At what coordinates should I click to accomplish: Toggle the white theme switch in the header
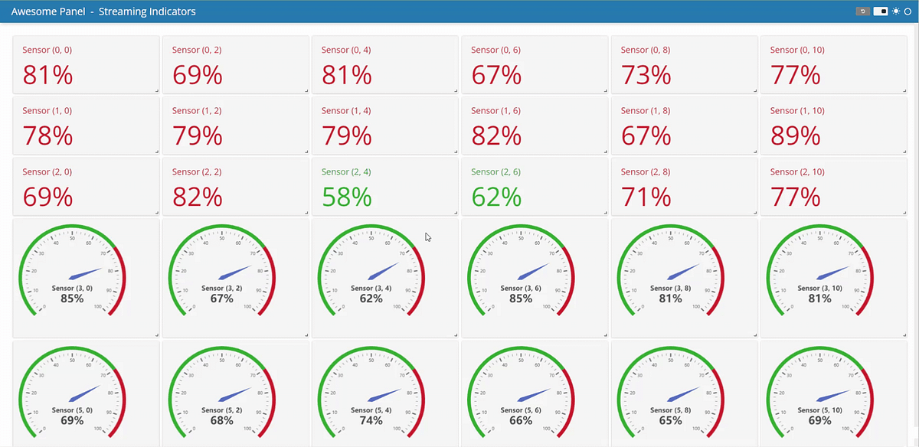click(880, 11)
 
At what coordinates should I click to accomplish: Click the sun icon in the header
click(896, 11)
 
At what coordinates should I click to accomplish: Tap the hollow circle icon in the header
click(908, 11)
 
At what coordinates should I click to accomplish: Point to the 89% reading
click(795, 135)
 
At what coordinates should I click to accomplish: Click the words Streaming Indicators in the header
click(147, 11)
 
